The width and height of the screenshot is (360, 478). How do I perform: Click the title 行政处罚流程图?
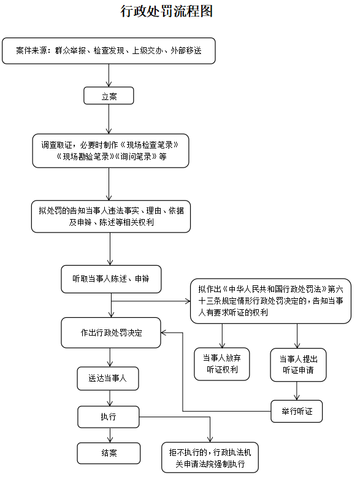pyautogui.click(x=166, y=11)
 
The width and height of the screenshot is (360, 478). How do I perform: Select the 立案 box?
pyautogui.click(x=109, y=96)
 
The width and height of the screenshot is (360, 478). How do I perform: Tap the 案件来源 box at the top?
pyautogui.click(x=109, y=51)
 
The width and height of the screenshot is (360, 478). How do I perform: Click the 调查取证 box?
pyautogui.click(x=110, y=151)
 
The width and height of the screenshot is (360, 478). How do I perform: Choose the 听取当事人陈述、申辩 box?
pyautogui.click(x=111, y=279)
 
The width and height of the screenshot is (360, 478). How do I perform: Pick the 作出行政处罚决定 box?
pyautogui.click(x=111, y=333)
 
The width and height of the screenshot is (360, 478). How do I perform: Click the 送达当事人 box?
pyautogui.click(x=108, y=379)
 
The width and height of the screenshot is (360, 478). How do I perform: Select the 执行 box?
pyautogui.click(x=109, y=417)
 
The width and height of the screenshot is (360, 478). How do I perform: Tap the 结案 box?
pyautogui.click(x=109, y=453)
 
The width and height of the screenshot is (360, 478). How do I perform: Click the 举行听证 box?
pyautogui.click(x=297, y=411)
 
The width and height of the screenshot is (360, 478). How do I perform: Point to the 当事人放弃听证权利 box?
pyautogui.click(x=222, y=364)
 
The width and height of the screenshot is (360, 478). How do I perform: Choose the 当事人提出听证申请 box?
pyautogui.click(x=298, y=365)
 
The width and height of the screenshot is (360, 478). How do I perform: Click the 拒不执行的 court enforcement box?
pyautogui.click(x=210, y=458)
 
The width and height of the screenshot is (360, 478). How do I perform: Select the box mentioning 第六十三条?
pyautogui.click(x=270, y=301)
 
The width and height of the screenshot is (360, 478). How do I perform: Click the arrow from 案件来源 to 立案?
pyautogui.click(x=109, y=75)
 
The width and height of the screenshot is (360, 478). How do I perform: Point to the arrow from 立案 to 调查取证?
pyautogui.click(x=109, y=119)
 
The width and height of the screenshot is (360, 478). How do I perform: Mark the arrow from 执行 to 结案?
pyautogui.click(x=110, y=435)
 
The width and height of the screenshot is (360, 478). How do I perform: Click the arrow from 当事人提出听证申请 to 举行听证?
pyautogui.click(x=297, y=391)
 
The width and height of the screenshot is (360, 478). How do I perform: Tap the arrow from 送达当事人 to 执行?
pyautogui.click(x=110, y=398)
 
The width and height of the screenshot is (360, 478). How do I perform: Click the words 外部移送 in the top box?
pyautogui.click(x=186, y=50)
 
